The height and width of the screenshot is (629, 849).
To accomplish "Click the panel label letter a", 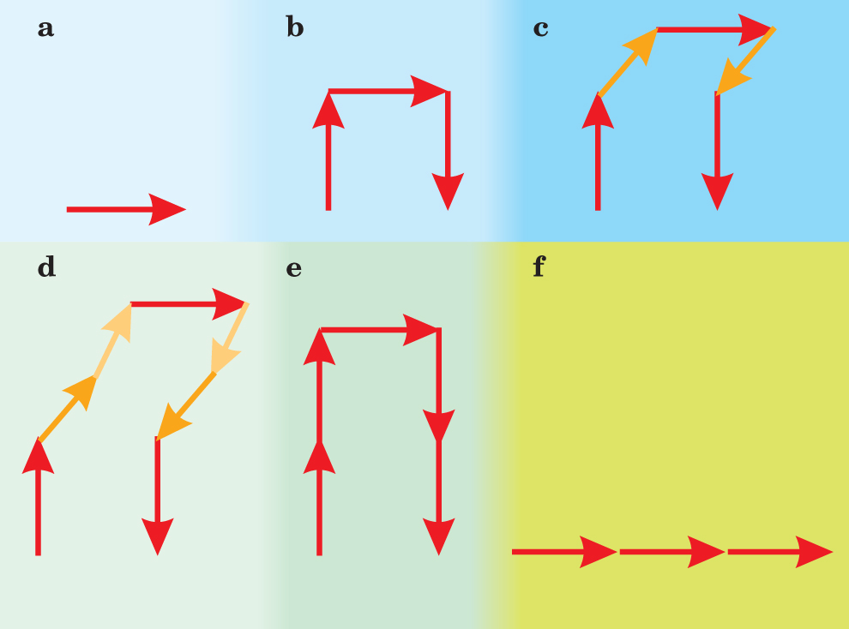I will tap(45, 28).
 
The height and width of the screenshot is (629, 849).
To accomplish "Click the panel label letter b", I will tap(294, 28).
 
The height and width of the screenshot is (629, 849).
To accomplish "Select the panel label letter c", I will tap(540, 28).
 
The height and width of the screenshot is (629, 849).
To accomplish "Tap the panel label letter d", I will tap(46, 267).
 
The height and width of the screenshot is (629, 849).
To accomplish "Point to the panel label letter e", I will tap(293, 268).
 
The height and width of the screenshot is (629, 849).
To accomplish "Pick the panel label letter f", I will tap(539, 267).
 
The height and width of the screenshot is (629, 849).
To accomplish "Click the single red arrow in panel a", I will tap(125, 209).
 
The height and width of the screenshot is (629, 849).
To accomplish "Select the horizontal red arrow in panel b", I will tap(386, 91).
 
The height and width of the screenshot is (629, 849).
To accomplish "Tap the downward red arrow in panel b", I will tap(448, 150).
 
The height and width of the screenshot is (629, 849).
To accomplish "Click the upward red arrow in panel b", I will tap(328, 150).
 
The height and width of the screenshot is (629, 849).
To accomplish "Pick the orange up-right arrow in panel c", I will tap(627, 63).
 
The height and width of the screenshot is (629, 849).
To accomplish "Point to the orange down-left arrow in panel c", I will tap(744, 62).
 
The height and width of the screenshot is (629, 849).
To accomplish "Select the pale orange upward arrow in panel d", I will tap(112, 341).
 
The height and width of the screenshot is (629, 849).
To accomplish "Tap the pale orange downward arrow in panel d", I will tap(229, 339).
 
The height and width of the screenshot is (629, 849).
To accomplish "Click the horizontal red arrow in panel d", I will tap(189, 303).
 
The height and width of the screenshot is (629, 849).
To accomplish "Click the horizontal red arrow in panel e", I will tap(378, 329).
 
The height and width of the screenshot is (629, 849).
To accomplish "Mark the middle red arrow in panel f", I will tap(671, 552).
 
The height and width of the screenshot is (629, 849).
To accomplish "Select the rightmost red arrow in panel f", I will tap(780, 552).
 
